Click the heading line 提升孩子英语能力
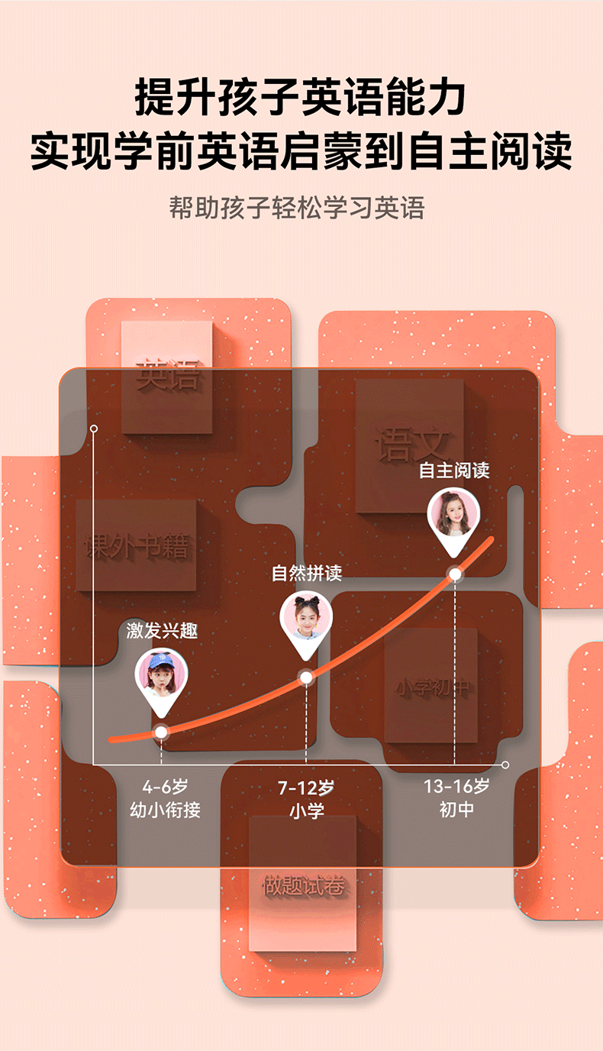coord(301,98)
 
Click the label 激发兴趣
coord(162,631)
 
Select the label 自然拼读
coord(307,573)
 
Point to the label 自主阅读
coord(454,471)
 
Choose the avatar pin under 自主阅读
coord(454,513)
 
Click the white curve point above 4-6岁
coord(161,732)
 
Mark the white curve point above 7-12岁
coord(306,677)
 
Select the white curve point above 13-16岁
coord(455,574)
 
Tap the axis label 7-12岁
coord(306,787)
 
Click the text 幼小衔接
coord(165,810)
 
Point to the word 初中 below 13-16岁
coord(456,810)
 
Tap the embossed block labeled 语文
coord(411,443)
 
